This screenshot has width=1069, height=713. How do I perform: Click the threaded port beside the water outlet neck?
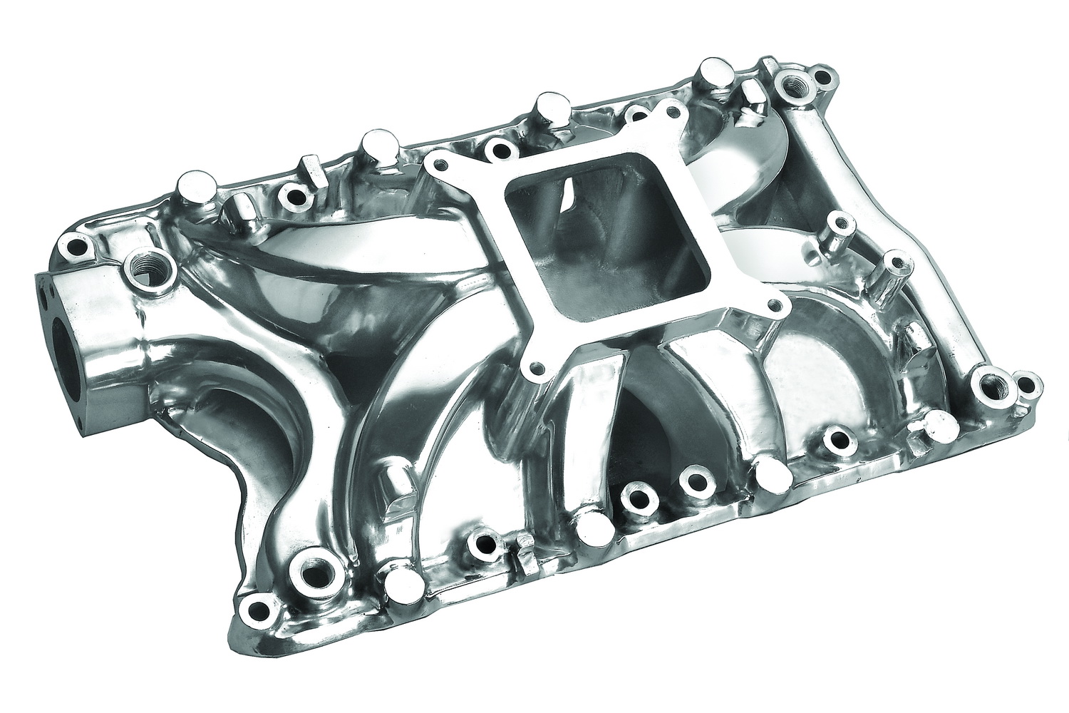tap(136, 269)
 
